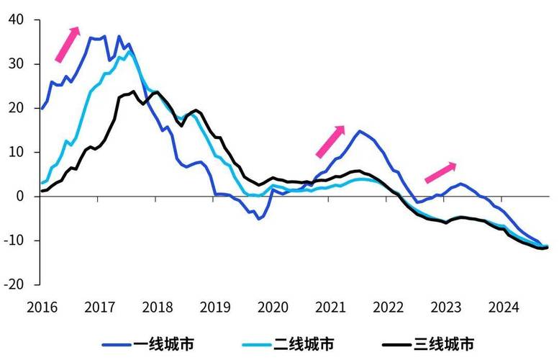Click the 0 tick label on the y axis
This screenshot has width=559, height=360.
coord(20,197)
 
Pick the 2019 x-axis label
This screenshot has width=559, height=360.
coord(215,307)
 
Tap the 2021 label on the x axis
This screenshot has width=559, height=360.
coord(331,307)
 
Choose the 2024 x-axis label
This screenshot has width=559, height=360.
coord(504,307)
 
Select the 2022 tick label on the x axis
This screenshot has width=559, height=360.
coord(388,307)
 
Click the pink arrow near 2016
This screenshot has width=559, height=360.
coord(67,44)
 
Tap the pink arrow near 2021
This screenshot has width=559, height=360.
coord(330,141)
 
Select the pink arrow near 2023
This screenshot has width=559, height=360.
coord(440,172)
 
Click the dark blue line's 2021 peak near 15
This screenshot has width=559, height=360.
coord(359,131)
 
